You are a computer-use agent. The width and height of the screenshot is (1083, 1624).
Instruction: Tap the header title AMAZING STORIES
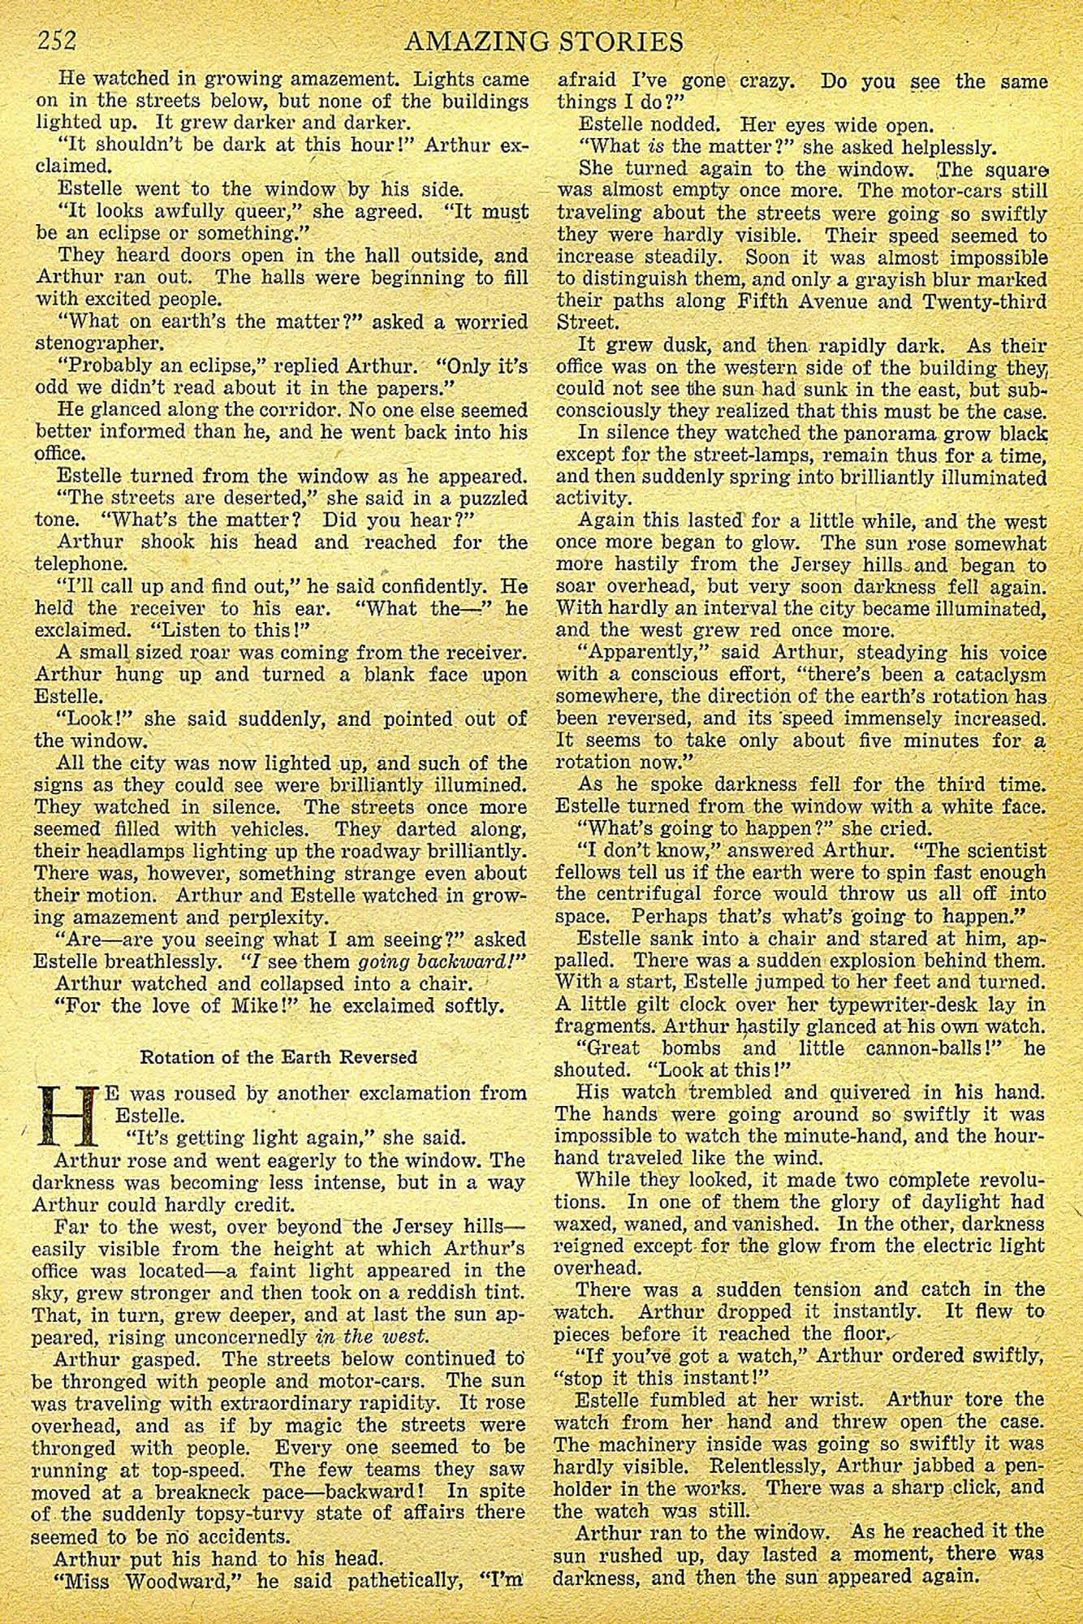[x=542, y=41]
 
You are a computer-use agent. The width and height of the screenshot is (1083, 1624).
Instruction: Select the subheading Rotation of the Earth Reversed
[x=278, y=1056]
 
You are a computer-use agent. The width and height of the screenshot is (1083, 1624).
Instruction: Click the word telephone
[x=80, y=564]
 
